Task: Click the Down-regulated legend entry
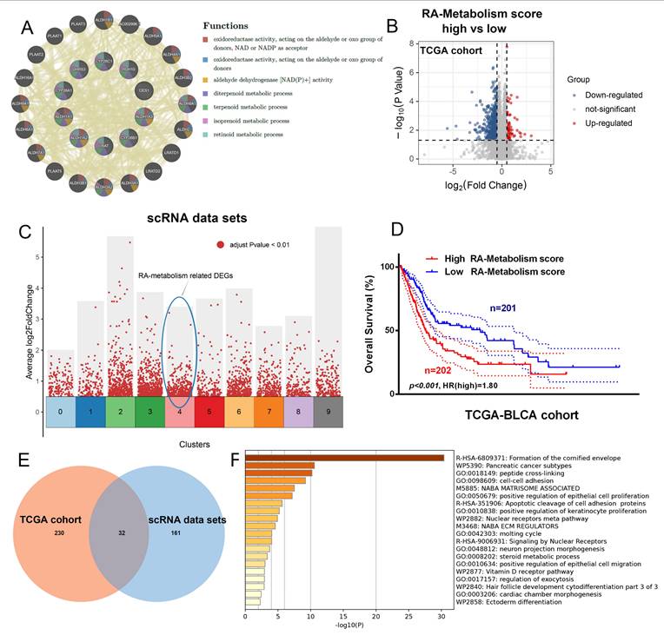coord(612,94)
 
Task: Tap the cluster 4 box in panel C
coord(179,412)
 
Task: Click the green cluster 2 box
coord(120,412)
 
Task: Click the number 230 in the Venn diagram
coord(59,532)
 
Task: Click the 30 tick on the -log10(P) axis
coord(441,617)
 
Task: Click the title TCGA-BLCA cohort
coord(508,414)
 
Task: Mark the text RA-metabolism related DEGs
coord(186,275)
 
